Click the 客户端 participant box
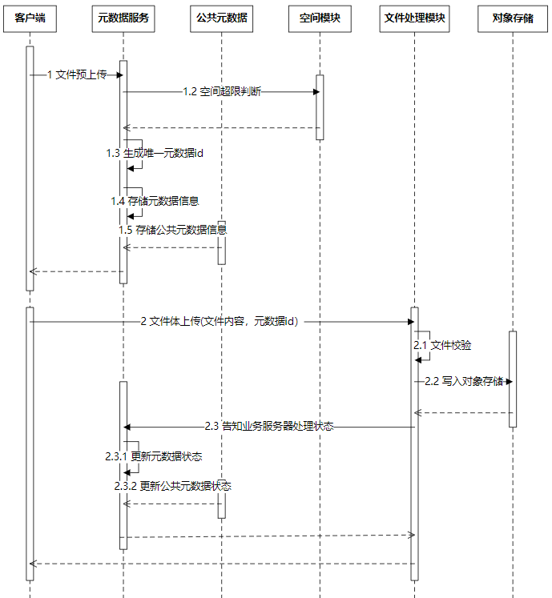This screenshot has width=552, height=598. (30, 18)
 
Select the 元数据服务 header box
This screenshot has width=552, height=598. (123, 18)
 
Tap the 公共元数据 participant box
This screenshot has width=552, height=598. (221, 18)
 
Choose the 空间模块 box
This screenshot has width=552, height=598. (319, 18)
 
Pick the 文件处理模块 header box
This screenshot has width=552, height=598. (414, 18)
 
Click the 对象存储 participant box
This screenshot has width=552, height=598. (513, 18)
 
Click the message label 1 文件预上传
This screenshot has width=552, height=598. (76, 75)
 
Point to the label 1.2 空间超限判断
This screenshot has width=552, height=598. (221, 92)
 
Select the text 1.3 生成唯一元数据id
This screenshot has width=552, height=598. (155, 153)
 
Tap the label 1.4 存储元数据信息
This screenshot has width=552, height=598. (155, 201)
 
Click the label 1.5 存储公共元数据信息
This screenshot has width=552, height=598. (172, 230)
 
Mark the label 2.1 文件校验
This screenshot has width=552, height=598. (442, 346)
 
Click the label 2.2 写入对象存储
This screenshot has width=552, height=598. (464, 381)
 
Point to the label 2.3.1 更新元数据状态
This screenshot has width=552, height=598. (153, 456)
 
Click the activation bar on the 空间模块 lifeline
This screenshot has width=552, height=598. (319, 107)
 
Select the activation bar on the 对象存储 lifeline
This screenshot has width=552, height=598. (513, 378)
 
